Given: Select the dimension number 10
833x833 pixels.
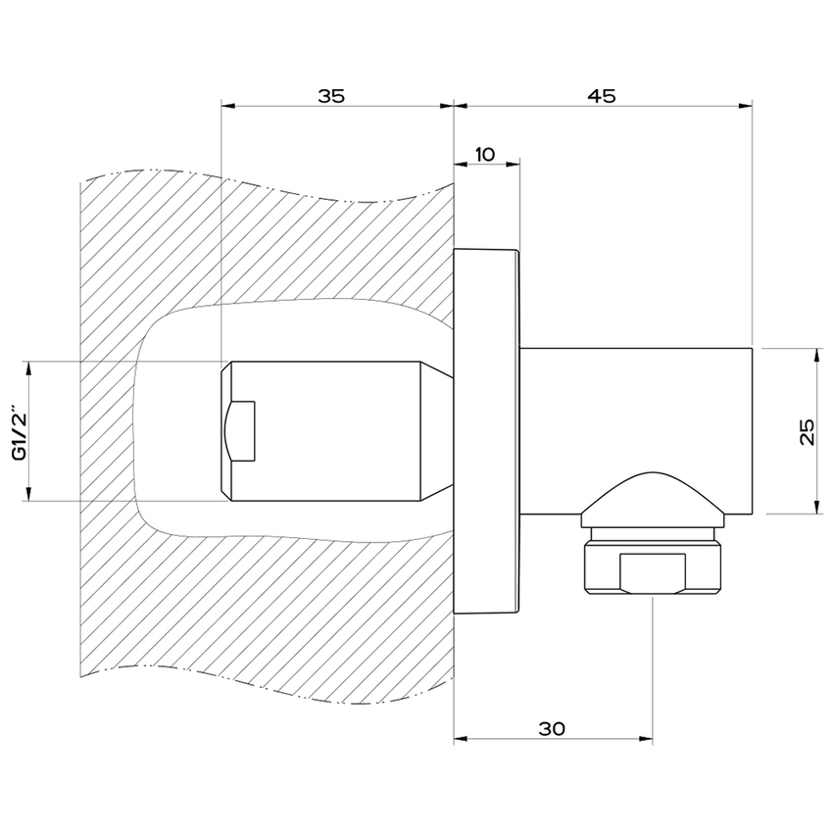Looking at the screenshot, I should point(484,154).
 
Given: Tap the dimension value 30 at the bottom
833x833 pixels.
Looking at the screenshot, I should point(552,728).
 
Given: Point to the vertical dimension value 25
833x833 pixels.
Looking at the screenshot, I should point(807,431).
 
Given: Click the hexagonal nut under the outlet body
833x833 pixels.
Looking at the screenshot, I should point(654,565).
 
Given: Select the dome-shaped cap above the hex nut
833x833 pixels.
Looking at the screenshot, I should point(654,493).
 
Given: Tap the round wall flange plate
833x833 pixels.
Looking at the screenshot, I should point(487,431).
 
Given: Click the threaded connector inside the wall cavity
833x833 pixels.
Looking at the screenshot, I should point(323,431).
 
